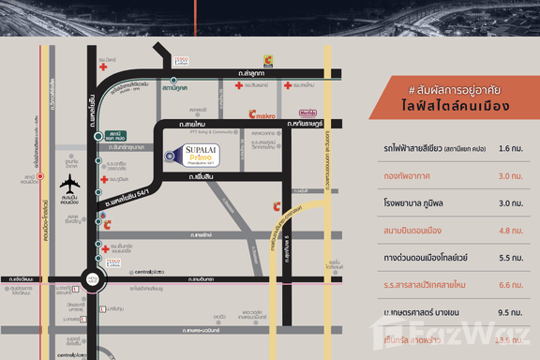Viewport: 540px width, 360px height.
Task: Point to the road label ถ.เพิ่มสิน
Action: pyautogui.click(x=202, y=177)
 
